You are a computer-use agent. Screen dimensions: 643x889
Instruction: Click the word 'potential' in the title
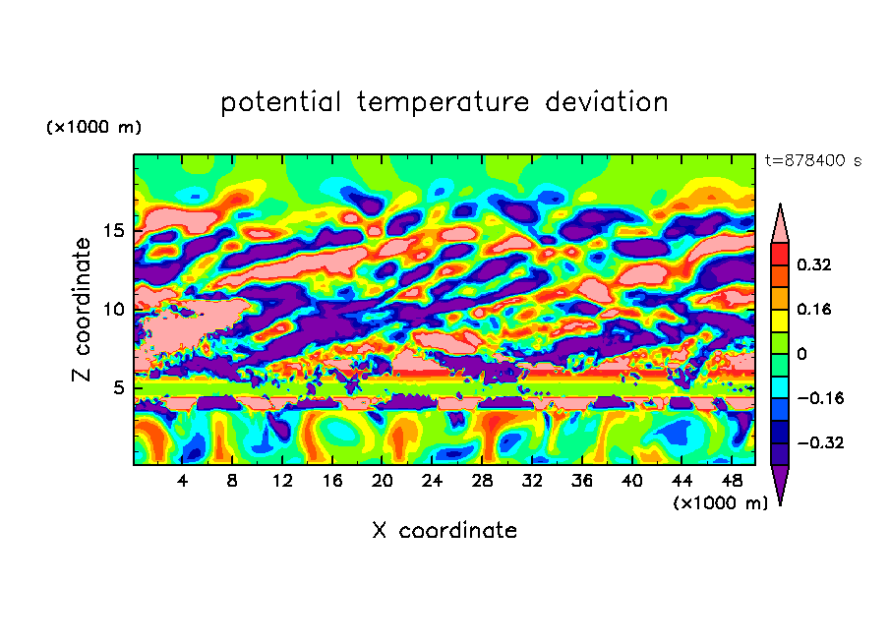281,102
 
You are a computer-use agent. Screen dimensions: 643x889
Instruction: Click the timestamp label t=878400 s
812,160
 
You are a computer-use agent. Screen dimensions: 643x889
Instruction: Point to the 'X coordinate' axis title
444,531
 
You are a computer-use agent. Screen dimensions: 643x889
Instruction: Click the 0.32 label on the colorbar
815,264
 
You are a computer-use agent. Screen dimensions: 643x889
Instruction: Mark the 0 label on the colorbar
801,354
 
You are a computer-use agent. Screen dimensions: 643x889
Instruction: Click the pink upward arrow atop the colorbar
780,223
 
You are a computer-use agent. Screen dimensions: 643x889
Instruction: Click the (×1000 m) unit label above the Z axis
93,128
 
